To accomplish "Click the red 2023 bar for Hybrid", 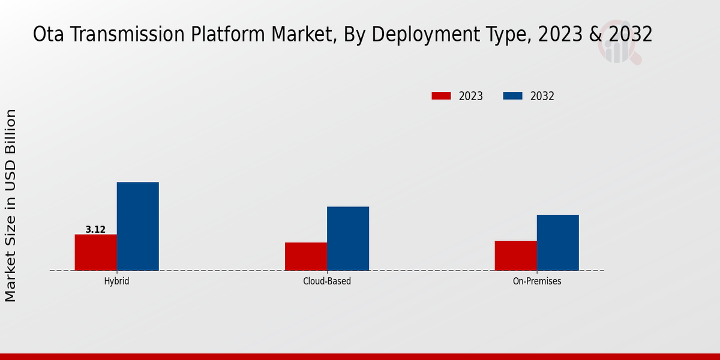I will pos(95,252).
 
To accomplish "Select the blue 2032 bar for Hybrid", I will pos(137,226).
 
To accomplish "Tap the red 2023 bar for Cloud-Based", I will pos(306,256).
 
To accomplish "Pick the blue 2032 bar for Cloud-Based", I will pos(348,238).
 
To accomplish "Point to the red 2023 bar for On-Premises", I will pos(515,256).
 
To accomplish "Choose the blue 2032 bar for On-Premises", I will pos(557,242).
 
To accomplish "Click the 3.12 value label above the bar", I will pos(95,229).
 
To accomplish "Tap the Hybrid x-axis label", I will pos(116,281).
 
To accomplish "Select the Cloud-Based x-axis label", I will pos(327,281).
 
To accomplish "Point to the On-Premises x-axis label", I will pos(537,281).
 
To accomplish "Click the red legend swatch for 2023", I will pos(441,96).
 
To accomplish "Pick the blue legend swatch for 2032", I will pos(512,96).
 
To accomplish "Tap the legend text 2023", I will pos(471,96).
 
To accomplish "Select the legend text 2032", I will pos(542,96).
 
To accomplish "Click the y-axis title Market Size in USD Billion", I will pos(11,205).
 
